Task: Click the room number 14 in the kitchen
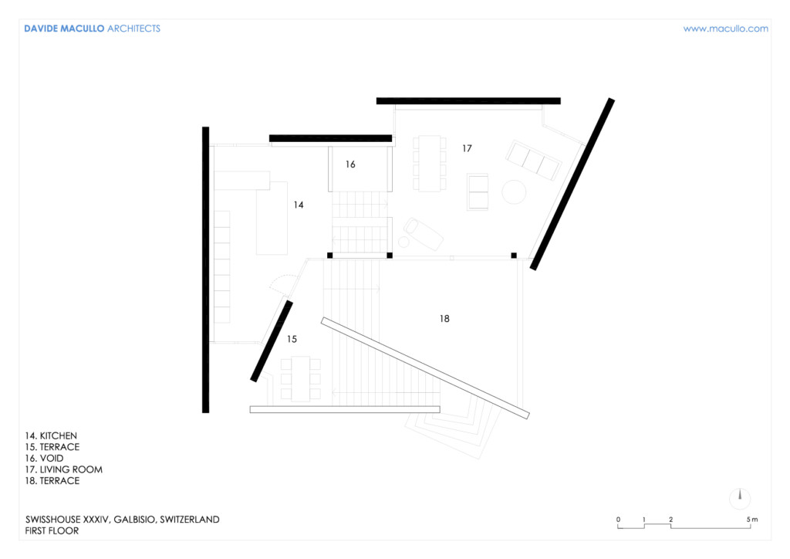pos(299,205)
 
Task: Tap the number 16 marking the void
pos(350,164)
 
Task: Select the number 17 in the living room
pos(467,148)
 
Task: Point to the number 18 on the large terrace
pos(444,319)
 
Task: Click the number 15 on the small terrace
pos(292,339)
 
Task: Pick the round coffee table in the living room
pos(514,192)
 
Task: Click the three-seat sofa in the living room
pos(534,161)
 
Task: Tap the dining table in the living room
pos(430,164)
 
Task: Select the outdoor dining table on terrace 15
pos(300,378)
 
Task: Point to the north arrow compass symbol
pos(740,499)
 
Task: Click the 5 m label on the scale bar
pos(751,519)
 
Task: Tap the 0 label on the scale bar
pos(618,519)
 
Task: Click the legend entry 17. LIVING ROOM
pos(64,469)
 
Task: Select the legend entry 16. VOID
pos(44,458)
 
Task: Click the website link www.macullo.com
pos(725,29)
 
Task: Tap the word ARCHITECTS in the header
pos(133,29)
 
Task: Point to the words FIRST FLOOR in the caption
pos(52,530)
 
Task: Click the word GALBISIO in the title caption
pos(134,520)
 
